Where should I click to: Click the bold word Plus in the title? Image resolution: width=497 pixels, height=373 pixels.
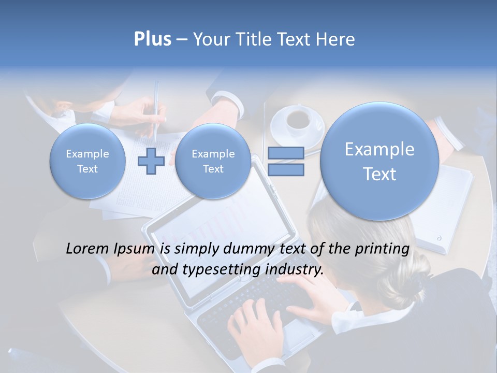[x=152, y=39]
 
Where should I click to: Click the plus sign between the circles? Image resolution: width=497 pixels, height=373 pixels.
[x=151, y=161]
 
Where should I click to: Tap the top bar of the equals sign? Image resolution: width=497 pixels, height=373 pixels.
[x=286, y=153]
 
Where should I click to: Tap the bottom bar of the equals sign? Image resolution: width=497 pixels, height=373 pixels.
[x=286, y=169]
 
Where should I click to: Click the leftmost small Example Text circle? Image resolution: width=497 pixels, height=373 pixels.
[x=87, y=161]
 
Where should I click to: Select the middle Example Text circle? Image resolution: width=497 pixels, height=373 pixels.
[x=213, y=161]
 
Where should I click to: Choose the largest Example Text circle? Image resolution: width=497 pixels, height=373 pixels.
[x=379, y=161]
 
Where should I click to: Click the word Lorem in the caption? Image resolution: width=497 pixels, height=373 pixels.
[x=87, y=249]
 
